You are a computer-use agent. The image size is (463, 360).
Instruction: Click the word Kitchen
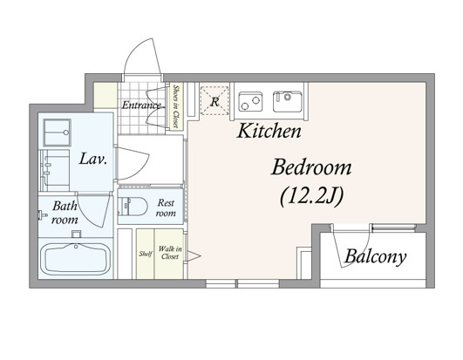coord(269,132)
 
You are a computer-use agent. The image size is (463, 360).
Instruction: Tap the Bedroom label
coord(311,167)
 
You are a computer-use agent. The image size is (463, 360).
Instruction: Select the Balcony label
coord(375,257)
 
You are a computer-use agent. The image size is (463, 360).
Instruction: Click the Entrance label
coord(141,105)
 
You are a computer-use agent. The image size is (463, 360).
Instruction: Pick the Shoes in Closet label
coord(176,106)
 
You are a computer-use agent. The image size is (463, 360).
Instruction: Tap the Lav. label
coord(92,160)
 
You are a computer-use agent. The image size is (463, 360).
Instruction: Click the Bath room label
coord(65,213)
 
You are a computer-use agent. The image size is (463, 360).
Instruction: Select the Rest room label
coord(166,207)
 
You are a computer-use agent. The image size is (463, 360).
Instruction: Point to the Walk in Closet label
coord(170,253)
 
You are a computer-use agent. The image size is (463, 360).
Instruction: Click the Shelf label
coord(146,254)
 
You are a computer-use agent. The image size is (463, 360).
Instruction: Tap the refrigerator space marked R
coord(214,100)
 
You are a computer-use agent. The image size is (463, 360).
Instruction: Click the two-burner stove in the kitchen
coord(250,101)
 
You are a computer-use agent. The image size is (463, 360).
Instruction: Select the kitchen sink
coord(288,101)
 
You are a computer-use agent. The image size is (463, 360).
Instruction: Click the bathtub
coord(75,259)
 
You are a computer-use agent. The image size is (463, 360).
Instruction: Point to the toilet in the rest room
coord(133,207)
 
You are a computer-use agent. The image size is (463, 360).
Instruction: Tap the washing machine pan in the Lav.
coord(57,132)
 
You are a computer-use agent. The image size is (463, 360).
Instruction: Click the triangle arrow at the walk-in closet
coord(194,256)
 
